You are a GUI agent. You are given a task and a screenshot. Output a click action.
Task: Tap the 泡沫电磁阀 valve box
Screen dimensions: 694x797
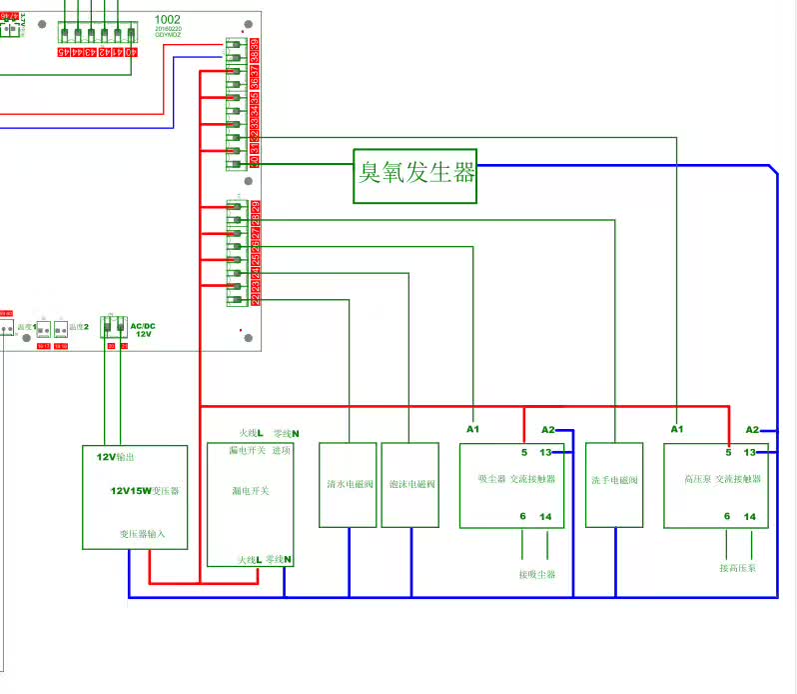click(409, 485)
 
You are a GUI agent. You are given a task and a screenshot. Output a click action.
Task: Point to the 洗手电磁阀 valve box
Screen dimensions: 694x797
click(614, 484)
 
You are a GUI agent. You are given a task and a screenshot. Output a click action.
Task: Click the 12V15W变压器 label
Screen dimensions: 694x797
click(145, 491)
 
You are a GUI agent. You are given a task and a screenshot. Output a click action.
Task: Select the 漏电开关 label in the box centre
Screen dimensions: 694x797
click(251, 491)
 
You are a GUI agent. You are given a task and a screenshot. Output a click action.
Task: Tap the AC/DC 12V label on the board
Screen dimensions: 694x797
click(143, 330)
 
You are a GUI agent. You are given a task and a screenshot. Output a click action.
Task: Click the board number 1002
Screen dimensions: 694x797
click(168, 20)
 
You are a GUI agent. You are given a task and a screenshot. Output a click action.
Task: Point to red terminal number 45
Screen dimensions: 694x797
click(63, 51)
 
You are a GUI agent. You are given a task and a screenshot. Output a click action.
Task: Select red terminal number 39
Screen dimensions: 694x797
click(255, 44)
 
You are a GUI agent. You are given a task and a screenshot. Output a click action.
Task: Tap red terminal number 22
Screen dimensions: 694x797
click(255, 299)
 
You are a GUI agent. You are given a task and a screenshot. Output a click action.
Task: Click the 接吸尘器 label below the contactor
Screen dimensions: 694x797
click(536, 575)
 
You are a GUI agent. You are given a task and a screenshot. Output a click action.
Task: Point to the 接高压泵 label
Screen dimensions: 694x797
click(738, 568)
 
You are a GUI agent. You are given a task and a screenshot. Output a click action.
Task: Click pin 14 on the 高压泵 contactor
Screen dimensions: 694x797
click(750, 517)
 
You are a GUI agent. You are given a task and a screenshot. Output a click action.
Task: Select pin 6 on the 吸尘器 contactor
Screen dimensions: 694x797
click(522, 516)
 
